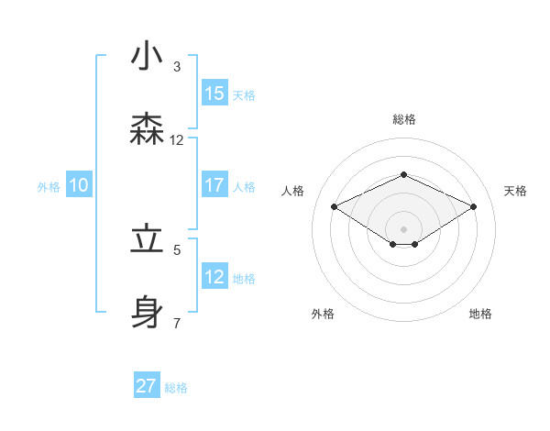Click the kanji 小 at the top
(148, 57)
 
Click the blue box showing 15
(214, 94)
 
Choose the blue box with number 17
(214, 185)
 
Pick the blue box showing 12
(214, 277)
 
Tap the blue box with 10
(79, 186)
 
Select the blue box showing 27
(147, 386)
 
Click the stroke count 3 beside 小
(177, 67)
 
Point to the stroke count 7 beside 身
(177, 323)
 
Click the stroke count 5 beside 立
(177, 249)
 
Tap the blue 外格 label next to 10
(49, 187)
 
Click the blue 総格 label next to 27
(177, 388)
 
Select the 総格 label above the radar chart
(403, 119)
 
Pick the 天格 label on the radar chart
(515, 191)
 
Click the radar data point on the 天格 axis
(474, 207)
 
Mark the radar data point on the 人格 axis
(334, 206)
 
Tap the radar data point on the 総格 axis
(403, 174)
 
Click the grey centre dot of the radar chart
(403, 228)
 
